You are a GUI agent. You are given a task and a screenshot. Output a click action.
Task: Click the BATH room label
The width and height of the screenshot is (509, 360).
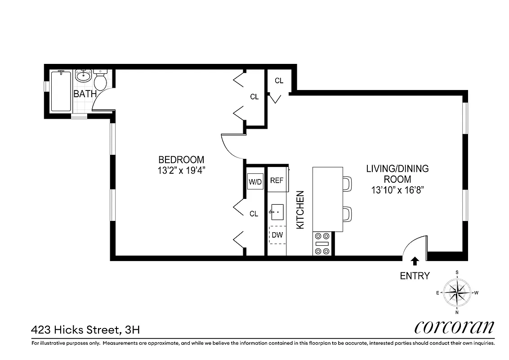click(85, 94)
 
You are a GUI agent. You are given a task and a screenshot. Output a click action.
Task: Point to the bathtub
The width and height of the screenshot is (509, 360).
click(61, 91)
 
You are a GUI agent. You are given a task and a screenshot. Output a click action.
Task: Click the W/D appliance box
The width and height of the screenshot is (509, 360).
click(255, 182)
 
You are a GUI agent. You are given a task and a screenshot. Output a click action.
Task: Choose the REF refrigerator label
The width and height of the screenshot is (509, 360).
click(277, 180)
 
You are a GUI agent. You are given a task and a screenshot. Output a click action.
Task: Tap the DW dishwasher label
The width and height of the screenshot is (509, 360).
click(277, 234)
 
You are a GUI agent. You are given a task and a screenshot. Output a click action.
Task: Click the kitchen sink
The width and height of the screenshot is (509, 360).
click(277, 211)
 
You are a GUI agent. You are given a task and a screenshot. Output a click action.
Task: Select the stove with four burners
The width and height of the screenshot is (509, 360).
click(322, 243)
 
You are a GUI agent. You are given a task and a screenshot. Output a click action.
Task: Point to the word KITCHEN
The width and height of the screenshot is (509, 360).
click(300, 210)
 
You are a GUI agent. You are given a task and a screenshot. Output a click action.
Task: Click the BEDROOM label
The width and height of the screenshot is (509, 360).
click(181, 160)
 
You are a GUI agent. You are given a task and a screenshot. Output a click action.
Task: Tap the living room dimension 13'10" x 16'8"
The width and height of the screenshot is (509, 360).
click(397, 190)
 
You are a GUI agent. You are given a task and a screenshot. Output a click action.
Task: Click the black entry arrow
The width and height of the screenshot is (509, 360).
click(415, 260)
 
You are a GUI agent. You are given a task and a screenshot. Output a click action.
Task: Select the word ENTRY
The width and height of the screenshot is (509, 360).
click(415, 276)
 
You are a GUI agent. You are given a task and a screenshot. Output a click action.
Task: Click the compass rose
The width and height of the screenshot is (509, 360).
click(457, 292)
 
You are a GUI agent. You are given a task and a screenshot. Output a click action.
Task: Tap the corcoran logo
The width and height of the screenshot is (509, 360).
click(454, 327)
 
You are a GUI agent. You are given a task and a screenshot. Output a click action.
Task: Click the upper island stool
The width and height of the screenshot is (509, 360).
click(347, 184)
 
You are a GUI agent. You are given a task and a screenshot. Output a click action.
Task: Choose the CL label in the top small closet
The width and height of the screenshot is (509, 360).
click(279, 81)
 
